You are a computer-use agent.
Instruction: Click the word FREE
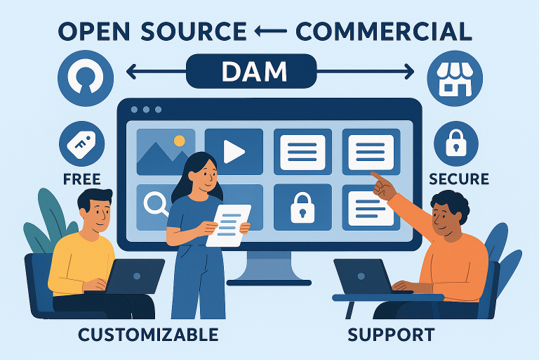pos(82,179)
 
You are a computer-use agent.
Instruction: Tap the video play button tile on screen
pos(233,151)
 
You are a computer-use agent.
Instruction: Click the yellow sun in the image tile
pos(179,141)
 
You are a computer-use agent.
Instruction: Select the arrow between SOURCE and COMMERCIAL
pos(271,32)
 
